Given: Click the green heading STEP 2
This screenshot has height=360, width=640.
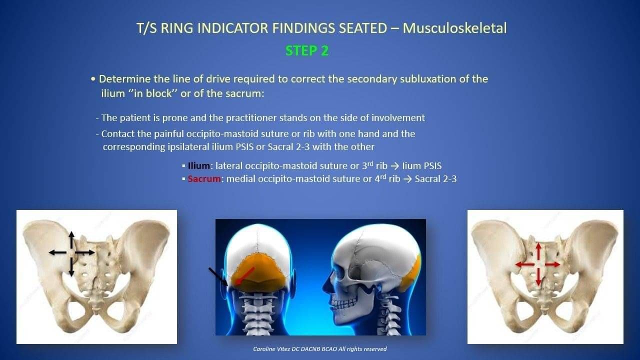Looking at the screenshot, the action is [x=307, y=51].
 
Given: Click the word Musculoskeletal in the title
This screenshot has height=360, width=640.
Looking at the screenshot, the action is [x=454, y=28].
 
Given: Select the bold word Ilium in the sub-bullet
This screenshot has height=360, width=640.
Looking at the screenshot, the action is [x=199, y=165].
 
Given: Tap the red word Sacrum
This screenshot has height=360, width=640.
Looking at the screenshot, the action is [x=204, y=179].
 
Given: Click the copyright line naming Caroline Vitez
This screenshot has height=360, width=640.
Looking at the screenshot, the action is [x=319, y=349].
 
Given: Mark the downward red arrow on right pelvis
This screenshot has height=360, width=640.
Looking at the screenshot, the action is [x=538, y=276].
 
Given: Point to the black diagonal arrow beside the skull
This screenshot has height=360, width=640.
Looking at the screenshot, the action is [x=218, y=276].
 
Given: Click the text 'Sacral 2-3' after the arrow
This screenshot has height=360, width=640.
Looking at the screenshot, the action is [x=435, y=179].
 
